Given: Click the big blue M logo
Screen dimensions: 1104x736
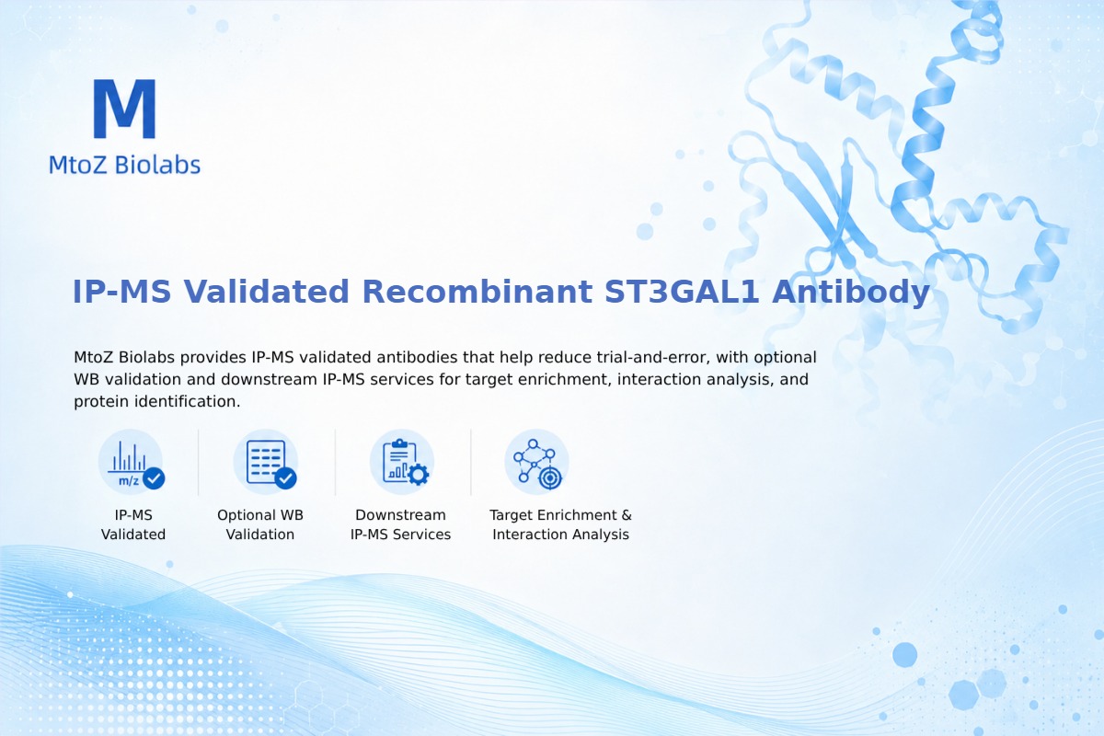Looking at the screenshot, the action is click(125, 109).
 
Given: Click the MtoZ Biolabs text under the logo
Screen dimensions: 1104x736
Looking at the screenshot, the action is click(125, 165).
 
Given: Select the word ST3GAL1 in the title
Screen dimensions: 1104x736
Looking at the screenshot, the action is click(682, 292).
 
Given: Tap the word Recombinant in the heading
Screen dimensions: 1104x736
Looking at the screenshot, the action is click(477, 292).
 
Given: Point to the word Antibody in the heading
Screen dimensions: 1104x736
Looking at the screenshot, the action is click(851, 293).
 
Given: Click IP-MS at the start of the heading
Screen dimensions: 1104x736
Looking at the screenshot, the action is click(121, 292).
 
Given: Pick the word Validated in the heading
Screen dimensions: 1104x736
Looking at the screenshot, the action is click(266, 292).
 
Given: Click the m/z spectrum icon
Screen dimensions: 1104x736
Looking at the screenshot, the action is click(131, 463).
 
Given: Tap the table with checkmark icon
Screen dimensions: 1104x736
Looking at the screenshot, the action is click(266, 463).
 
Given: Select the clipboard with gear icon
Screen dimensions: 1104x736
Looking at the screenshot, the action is click(402, 463).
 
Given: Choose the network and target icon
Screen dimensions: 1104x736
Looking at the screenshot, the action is click(537, 463).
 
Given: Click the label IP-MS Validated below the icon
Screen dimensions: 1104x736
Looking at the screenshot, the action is click(133, 524).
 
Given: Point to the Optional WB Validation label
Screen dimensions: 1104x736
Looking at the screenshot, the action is click(260, 524).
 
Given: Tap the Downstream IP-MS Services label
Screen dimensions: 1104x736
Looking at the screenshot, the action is click(401, 524).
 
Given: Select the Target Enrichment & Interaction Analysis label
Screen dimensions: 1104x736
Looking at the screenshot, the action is click(560, 524).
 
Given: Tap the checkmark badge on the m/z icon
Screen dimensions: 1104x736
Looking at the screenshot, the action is click(154, 478).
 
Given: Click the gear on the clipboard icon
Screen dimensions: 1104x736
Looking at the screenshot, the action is click(419, 475).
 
